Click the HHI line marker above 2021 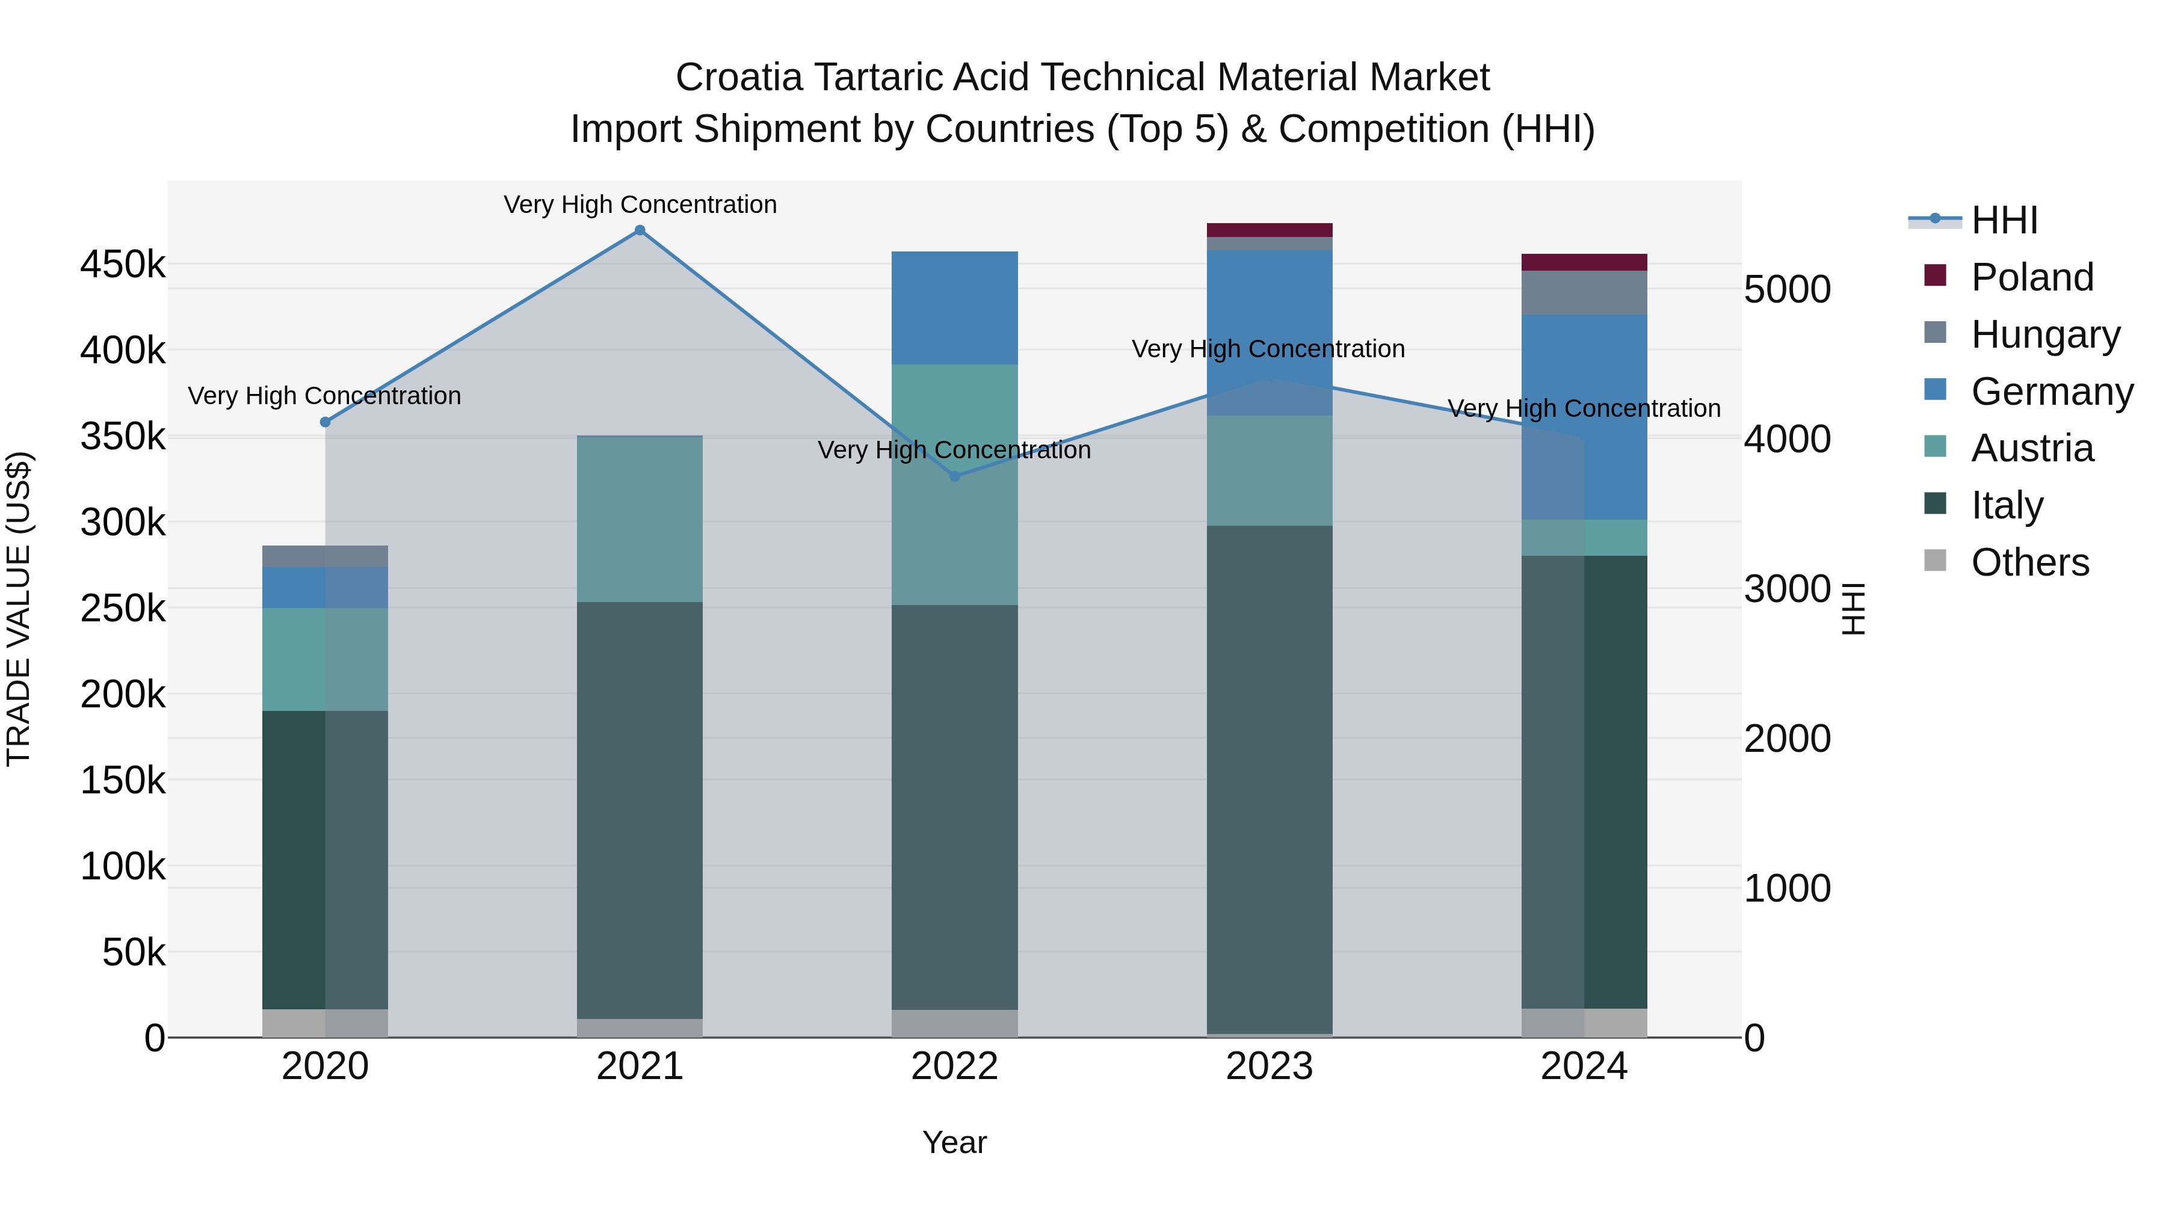640,230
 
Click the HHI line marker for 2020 326,422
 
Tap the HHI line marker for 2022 954,476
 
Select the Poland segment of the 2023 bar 1269,230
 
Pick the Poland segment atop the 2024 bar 1584,262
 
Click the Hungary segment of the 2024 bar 1584,292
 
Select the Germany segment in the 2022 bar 954,307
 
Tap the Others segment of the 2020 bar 326,1023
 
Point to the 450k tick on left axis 123,265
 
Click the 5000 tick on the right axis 1787,289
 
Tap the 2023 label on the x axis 1269,1066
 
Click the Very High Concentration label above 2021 640,205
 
